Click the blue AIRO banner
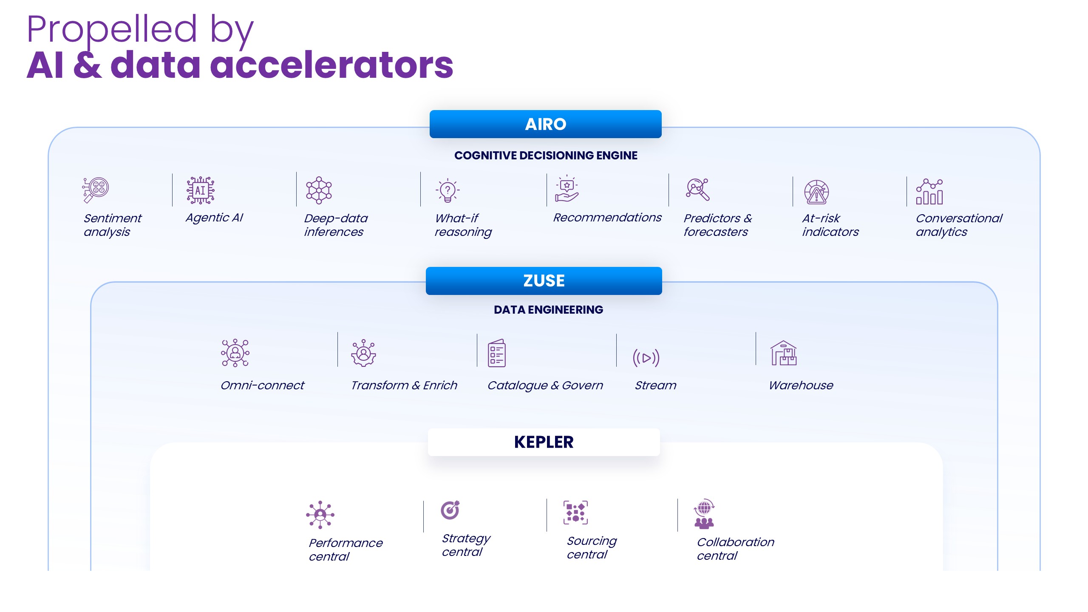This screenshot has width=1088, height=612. (545, 124)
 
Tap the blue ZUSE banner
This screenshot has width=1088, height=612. (544, 280)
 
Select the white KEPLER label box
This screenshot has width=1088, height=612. (544, 442)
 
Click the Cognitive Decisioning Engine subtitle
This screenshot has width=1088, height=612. (546, 156)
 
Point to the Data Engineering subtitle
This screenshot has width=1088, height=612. (548, 310)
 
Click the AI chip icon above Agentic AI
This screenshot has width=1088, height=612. (200, 190)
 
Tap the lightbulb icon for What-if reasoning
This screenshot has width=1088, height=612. (447, 191)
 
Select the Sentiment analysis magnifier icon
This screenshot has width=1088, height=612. (96, 190)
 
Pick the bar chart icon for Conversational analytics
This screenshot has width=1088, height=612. (929, 192)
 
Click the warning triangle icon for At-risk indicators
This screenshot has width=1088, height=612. (816, 193)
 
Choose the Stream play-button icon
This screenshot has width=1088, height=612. (646, 358)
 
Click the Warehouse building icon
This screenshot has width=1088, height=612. (783, 353)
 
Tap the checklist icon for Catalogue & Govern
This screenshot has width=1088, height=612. (496, 353)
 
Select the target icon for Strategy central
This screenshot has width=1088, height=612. (450, 510)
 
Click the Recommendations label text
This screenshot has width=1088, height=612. (607, 218)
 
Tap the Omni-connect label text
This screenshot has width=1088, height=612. (262, 385)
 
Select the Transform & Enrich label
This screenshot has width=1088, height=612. (404, 385)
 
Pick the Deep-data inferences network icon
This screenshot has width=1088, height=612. (319, 190)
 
